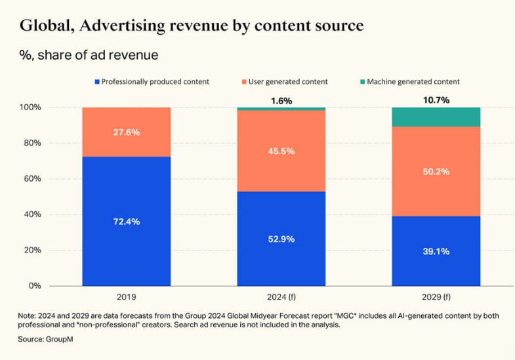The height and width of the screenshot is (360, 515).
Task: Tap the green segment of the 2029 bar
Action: point(436,117)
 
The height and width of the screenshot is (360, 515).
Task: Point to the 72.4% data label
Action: point(126,222)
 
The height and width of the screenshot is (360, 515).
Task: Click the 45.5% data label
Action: point(281,151)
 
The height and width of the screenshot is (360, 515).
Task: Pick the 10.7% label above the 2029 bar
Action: point(436,100)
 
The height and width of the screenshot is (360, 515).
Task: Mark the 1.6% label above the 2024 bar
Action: point(281,101)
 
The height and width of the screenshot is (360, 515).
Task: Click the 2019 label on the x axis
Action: point(126,296)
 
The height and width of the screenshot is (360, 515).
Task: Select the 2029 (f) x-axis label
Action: point(436,296)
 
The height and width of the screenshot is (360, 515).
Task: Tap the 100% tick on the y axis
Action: point(32,107)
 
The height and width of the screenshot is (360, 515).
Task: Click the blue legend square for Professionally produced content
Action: point(97,82)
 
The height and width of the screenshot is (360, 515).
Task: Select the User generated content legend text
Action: point(288,82)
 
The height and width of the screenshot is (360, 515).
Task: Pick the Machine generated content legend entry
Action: point(413,82)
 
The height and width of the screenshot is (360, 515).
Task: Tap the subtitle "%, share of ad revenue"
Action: point(89,55)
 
